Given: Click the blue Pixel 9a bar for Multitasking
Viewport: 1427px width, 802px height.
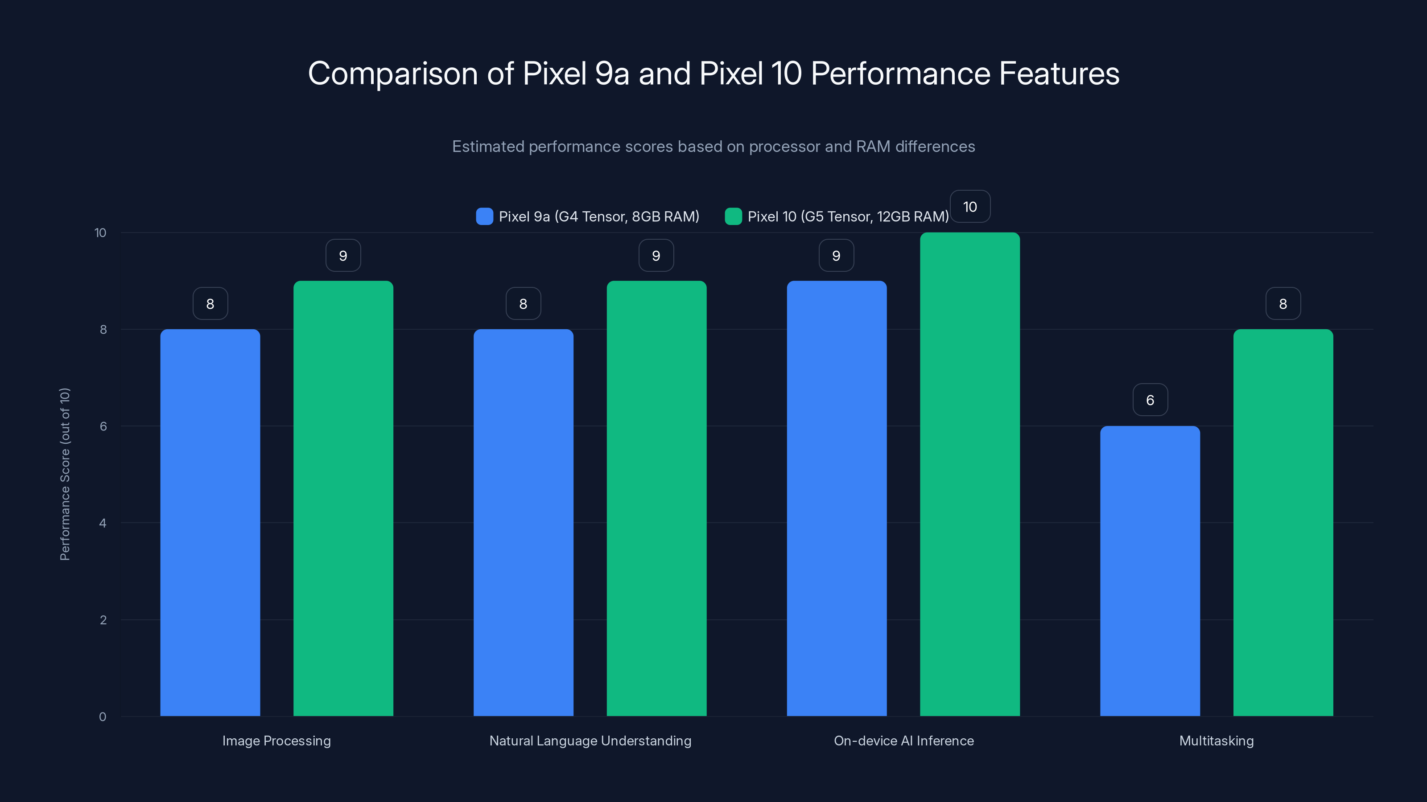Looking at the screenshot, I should [x=1150, y=570].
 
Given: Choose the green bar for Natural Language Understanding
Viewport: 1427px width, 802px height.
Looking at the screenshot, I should [x=656, y=498].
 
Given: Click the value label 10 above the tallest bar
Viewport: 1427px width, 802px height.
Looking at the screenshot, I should [x=969, y=206].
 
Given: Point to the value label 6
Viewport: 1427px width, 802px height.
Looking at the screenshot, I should [x=1150, y=400].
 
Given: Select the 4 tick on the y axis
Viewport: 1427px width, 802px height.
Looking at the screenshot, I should [x=103, y=523].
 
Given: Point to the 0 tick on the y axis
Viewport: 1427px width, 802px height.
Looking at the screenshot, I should [x=103, y=717].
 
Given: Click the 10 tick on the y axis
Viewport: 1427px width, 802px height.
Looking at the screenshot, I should [x=100, y=233].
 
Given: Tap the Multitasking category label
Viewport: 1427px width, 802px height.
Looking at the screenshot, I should [x=1216, y=741].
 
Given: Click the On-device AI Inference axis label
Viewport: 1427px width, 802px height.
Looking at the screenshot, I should [x=903, y=741].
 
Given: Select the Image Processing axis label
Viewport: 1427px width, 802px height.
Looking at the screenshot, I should [x=276, y=741].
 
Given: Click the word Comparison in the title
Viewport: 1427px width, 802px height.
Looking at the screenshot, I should [x=392, y=74].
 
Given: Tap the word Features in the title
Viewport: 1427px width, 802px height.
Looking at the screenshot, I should [x=1059, y=74].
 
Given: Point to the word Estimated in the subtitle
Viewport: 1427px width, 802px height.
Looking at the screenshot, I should [x=487, y=147].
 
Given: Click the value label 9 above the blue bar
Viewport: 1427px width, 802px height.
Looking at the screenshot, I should [x=836, y=255].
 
